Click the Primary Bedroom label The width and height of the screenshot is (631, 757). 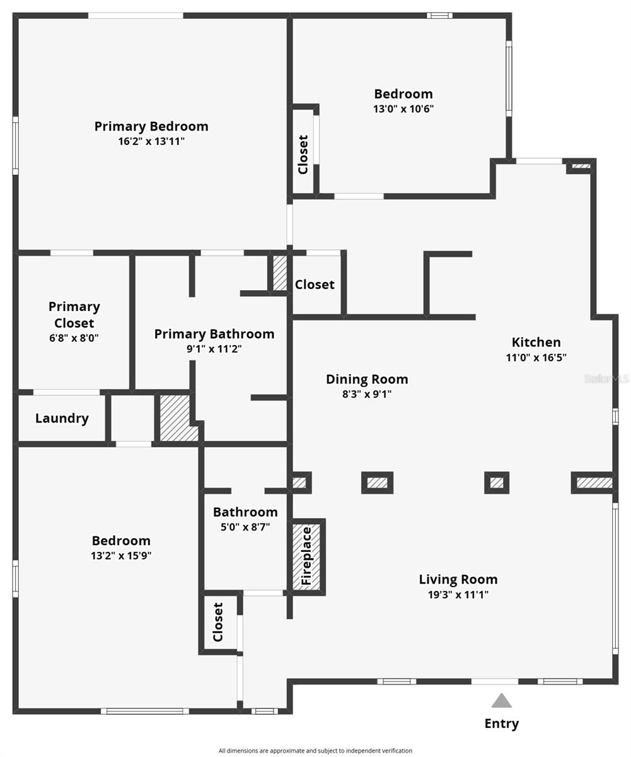click(151, 126)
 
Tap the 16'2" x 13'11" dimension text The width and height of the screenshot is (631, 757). click(151, 141)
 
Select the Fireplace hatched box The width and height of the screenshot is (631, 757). click(307, 556)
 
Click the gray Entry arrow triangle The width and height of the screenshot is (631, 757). click(501, 701)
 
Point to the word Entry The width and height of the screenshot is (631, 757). click(501, 724)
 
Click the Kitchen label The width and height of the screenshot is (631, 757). click(536, 342)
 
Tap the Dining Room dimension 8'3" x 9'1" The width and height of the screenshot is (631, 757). click(367, 394)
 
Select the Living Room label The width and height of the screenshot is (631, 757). click(458, 579)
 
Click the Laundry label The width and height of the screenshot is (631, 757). click(62, 418)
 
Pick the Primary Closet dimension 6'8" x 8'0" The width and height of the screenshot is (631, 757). click(74, 337)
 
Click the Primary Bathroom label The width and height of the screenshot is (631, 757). click(214, 334)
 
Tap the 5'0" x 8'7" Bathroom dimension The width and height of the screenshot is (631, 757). click(245, 527)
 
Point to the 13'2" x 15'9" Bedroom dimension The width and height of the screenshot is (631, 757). click(121, 556)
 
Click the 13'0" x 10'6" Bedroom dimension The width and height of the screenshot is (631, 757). click(403, 109)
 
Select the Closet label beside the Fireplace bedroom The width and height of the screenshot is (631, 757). click(218, 622)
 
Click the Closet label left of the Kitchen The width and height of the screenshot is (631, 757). click(315, 285)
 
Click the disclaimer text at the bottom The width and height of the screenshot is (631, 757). click(315, 751)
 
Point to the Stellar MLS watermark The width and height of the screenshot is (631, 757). click(606, 378)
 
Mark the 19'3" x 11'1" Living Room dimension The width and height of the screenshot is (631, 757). click(458, 594)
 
